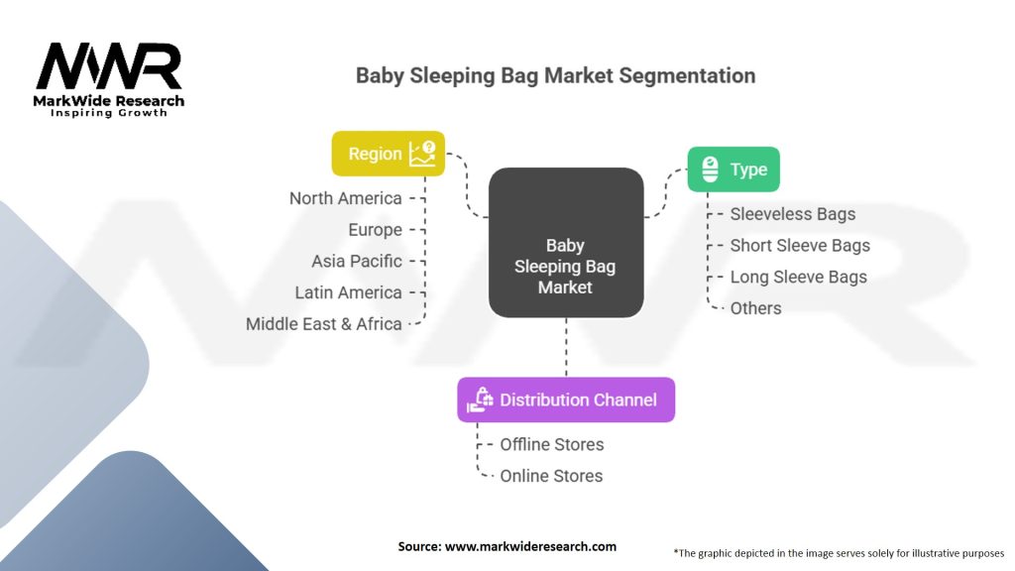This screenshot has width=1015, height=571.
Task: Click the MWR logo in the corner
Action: click(x=109, y=66)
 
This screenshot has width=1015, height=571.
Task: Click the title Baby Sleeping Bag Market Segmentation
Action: click(x=555, y=75)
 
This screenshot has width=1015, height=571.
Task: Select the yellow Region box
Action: click(x=388, y=154)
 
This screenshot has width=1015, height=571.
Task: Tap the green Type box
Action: click(x=733, y=170)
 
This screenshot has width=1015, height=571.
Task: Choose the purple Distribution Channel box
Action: click(x=565, y=400)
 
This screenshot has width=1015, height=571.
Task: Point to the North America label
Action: click(x=345, y=198)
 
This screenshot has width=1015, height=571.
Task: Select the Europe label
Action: click(x=375, y=230)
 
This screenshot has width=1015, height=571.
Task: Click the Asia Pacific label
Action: click(x=356, y=261)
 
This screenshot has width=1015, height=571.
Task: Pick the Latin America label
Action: click(x=348, y=292)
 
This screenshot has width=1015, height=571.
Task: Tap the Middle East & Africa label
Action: click(x=323, y=324)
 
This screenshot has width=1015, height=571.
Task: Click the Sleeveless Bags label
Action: click(x=792, y=214)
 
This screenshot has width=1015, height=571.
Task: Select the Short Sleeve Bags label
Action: click(x=799, y=246)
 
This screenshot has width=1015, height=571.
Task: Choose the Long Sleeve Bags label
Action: click(x=798, y=277)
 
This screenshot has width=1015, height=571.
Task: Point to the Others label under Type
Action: click(x=755, y=308)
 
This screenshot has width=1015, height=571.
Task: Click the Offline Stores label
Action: click(x=551, y=444)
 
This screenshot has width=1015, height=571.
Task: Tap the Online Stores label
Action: click(x=550, y=476)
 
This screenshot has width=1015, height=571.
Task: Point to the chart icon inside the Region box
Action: click(x=422, y=153)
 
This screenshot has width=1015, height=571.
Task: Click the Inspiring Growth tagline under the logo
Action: click(x=109, y=113)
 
